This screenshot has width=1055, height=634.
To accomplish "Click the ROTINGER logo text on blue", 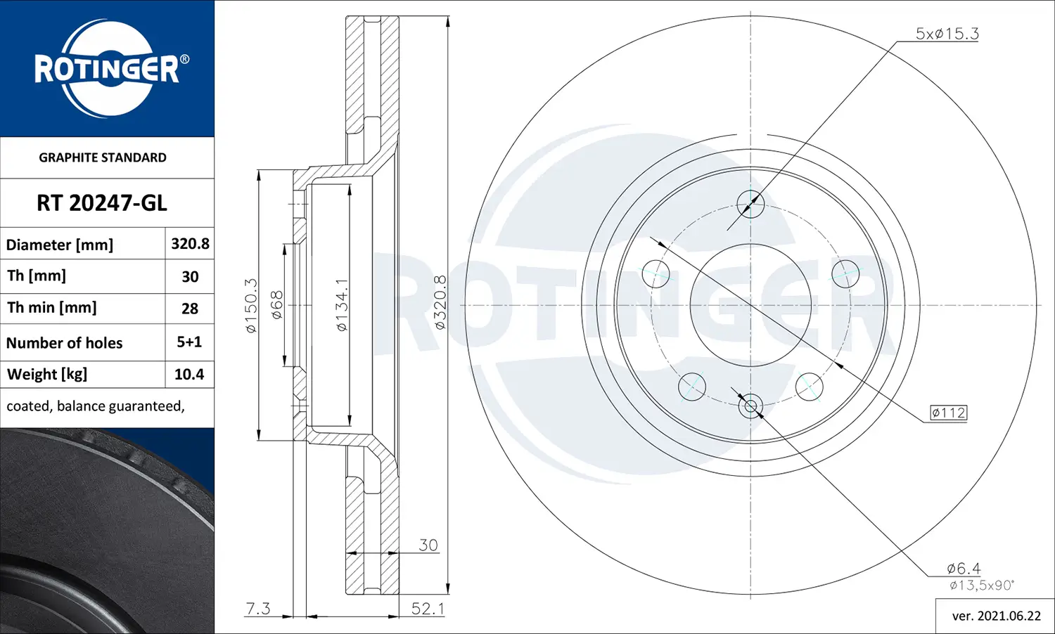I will [x=107, y=70].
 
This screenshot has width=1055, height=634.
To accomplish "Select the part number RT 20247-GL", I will [x=102, y=203].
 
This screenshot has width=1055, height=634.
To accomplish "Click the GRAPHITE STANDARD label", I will [x=103, y=157].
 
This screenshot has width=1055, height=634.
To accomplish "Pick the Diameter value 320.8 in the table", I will [x=190, y=244].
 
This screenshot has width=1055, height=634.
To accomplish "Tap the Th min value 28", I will [x=190, y=309].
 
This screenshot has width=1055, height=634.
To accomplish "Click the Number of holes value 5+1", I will [x=189, y=342].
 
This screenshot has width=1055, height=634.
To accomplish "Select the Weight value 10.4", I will [x=189, y=375].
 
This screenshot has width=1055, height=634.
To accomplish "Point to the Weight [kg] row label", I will [x=47, y=375].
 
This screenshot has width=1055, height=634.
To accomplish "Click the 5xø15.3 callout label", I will [x=947, y=34].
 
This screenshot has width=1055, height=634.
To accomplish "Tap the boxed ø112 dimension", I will [x=948, y=413].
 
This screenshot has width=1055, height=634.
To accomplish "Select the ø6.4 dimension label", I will [x=963, y=568].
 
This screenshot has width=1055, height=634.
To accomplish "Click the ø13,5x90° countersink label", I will [x=981, y=586].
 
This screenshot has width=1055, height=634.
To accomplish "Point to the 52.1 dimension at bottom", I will [x=428, y=609].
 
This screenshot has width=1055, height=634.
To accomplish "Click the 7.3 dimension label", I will [x=258, y=609].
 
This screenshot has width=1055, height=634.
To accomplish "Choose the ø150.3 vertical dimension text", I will [x=251, y=305].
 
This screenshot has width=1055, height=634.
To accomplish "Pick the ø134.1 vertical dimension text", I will [x=341, y=305].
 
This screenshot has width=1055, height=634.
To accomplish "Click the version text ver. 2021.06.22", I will [x=996, y=616].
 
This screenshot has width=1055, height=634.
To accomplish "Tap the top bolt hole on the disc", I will [x=750, y=205].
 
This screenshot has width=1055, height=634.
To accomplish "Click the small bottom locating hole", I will [x=750, y=406].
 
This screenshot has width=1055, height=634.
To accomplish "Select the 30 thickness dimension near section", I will [x=428, y=545].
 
